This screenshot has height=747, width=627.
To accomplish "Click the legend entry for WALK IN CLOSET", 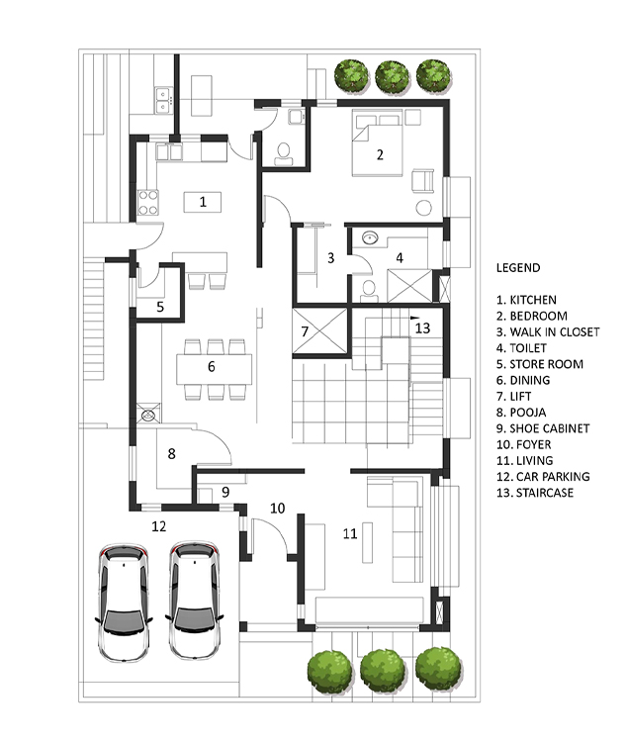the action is (548, 332).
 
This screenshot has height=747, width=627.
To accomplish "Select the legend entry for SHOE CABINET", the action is (543, 428).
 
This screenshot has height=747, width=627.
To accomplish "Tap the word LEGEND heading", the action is (518, 268).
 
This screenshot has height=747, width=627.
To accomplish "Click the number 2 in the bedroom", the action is (380, 154).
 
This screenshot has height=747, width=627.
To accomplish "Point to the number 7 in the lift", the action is (305, 331).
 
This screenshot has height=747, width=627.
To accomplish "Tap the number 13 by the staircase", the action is (422, 328).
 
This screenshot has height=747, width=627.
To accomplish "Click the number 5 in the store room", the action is (160, 307).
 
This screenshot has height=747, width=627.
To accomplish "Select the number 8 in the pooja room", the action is (171, 454).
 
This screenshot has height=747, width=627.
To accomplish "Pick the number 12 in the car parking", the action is (159, 526).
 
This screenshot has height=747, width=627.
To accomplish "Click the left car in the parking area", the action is (124, 602).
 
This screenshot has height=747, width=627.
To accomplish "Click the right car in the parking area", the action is (195, 601).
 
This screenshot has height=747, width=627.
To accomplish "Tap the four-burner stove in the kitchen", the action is (147, 203).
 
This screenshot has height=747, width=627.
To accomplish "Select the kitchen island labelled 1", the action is (203, 203).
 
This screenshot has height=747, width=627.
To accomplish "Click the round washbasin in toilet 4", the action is (370, 236).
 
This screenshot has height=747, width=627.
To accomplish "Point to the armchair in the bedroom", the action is (422, 181).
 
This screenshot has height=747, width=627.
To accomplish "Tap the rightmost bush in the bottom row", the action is (438, 670).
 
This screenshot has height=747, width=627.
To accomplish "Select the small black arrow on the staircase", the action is (414, 317).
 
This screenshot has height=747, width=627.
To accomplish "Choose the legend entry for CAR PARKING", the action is (543, 477).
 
